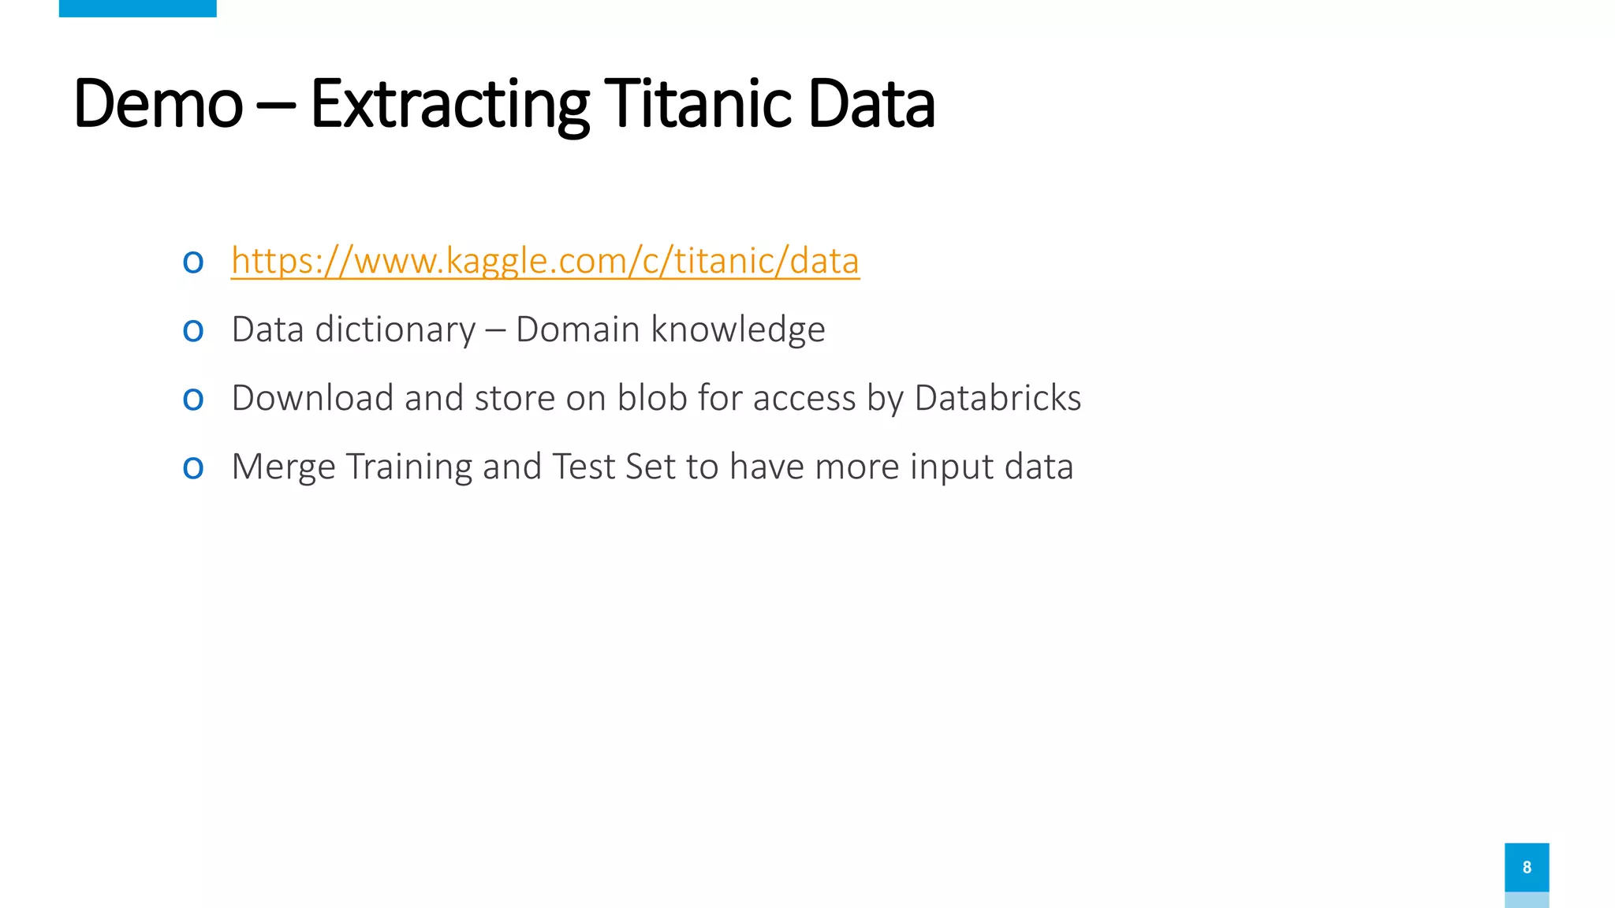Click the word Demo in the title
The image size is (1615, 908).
[158, 104]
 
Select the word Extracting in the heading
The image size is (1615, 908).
[449, 104]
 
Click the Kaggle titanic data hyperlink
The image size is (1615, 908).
[545, 261]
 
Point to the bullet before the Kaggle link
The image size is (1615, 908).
[193, 262]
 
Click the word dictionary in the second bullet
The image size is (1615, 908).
[395, 329]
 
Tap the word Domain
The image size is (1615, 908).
[577, 329]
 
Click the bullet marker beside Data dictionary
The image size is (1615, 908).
[193, 330]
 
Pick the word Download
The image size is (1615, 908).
[312, 398]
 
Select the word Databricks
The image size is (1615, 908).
[998, 398]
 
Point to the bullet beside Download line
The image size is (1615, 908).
[193, 399]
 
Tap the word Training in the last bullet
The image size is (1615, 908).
[409, 467]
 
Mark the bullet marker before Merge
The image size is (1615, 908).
[193, 467]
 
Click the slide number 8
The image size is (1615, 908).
[1527, 867]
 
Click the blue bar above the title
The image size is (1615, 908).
[137, 8]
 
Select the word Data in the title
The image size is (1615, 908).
[871, 104]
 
